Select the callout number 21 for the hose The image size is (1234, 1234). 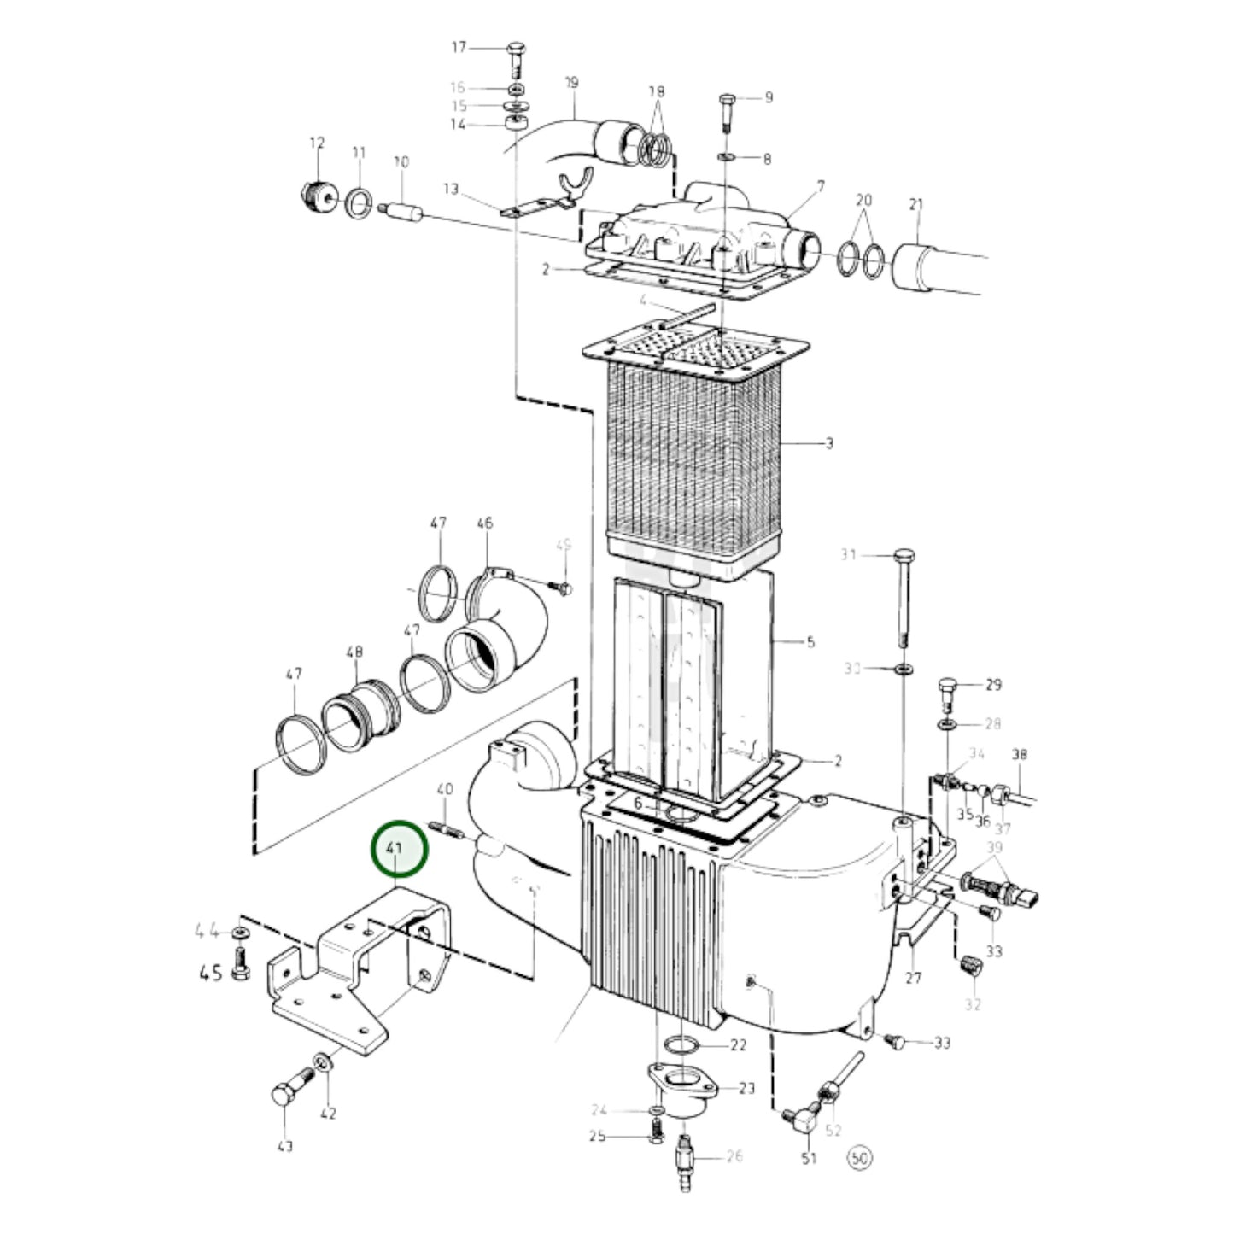point(915,205)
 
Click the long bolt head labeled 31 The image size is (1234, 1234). point(904,556)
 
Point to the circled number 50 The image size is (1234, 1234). point(858,1158)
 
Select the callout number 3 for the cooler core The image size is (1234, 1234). point(828,443)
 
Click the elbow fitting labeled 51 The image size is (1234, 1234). point(803,1120)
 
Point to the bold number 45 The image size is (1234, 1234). point(211,972)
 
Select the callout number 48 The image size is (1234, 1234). point(354,652)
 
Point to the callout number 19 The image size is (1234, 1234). point(571,83)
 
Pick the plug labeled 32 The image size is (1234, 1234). point(972,967)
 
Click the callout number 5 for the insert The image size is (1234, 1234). point(810,642)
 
